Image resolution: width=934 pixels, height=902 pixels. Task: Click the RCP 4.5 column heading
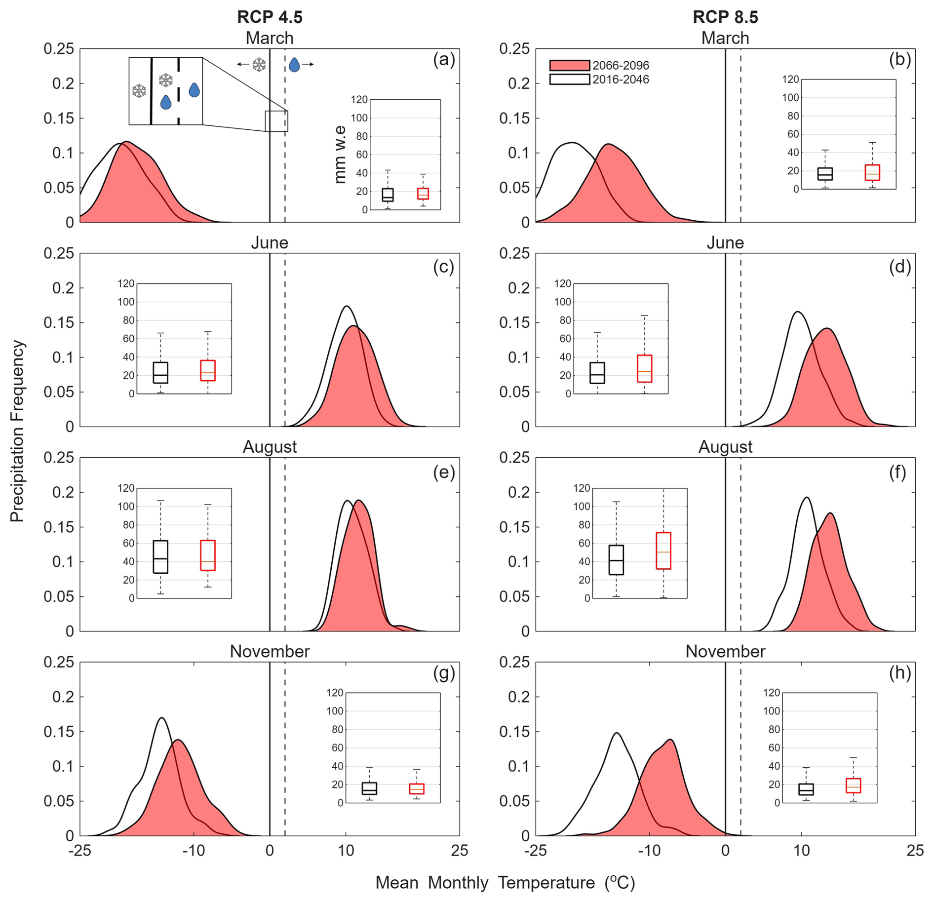(x=270, y=17)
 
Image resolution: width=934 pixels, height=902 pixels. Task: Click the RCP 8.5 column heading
(x=725, y=17)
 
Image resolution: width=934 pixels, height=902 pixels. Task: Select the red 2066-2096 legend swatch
(x=569, y=65)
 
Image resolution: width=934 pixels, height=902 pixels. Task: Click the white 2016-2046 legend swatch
(x=569, y=79)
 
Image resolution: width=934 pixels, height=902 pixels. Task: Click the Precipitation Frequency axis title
(x=17, y=431)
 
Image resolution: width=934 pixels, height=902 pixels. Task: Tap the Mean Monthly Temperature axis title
(x=505, y=882)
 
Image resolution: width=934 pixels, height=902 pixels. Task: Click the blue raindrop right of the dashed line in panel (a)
(x=294, y=64)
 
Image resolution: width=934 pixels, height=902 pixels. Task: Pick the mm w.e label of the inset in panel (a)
(x=340, y=155)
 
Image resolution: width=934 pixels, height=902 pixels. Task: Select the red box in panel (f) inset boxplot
(x=663, y=550)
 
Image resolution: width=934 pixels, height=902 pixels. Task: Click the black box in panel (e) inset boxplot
(x=160, y=556)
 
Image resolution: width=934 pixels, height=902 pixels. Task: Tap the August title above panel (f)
(x=725, y=447)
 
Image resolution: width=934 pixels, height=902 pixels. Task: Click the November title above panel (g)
(x=270, y=651)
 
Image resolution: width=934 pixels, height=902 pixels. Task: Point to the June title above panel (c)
(x=270, y=242)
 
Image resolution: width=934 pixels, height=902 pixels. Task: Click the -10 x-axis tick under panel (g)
(x=194, y=850)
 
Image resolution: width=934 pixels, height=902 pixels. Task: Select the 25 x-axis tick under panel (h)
(x=915, y=850)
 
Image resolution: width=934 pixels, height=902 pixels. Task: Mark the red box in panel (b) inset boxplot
(x=872, y=173)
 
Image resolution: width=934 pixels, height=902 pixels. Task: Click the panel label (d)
(x=899, y=267)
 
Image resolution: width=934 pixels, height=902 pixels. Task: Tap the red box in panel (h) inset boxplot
(x=853, y=785)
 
